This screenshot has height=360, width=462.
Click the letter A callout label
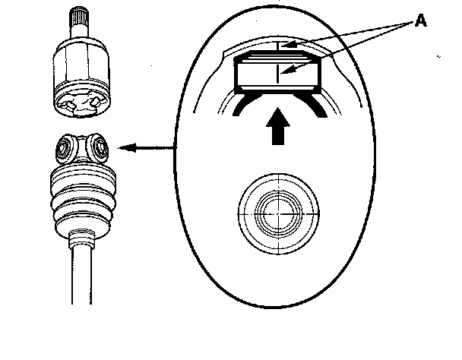pyautogui.click(x=420, y=21)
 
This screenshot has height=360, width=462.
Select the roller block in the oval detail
pyautogui.click(x=279, y=73)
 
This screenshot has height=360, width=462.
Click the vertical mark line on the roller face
pyautogui.click(x=279, y=74)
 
